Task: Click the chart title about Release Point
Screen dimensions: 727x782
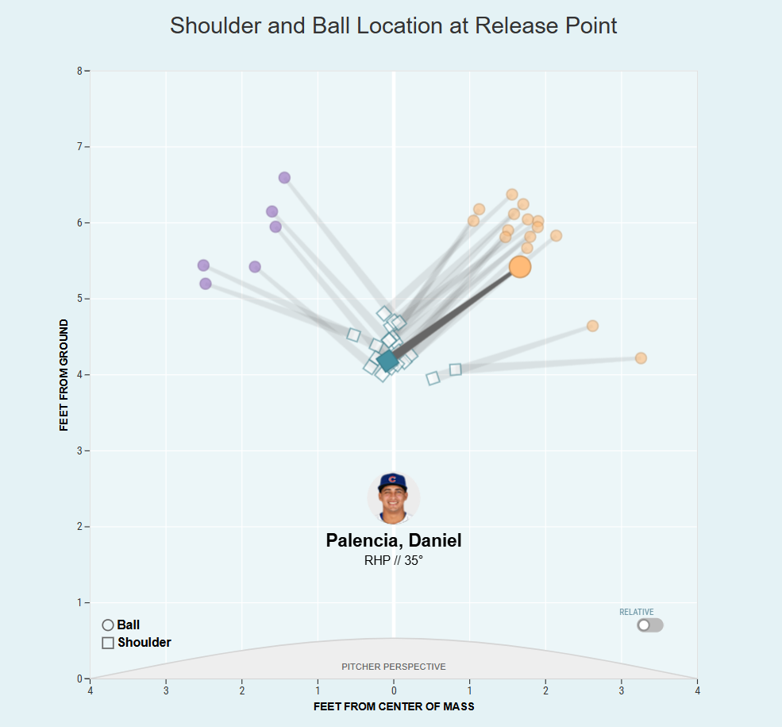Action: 394,25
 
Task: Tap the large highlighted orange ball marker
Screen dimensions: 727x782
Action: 520,266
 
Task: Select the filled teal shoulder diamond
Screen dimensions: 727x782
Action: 387,361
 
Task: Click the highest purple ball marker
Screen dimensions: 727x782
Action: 284,177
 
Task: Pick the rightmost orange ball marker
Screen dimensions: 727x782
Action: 641,358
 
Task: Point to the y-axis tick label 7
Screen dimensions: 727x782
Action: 79,147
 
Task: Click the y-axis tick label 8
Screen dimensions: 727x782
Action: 79,71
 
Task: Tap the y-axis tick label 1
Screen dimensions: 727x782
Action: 79,602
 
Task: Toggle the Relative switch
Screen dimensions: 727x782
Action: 649,625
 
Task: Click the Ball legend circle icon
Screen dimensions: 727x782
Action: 108,625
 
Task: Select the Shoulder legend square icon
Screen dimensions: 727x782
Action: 108,643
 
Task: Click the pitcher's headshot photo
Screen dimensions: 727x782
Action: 393,497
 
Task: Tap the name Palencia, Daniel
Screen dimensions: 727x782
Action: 394,540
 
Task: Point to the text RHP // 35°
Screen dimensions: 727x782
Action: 394,560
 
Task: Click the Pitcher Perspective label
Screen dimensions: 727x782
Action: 394,667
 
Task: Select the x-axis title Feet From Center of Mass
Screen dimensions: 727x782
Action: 394,706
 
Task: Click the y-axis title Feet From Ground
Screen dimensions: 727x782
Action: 64,375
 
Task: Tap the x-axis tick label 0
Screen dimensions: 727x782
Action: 394,690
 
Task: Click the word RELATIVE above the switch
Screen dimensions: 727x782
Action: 637,612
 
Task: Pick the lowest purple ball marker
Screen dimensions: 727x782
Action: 206,284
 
